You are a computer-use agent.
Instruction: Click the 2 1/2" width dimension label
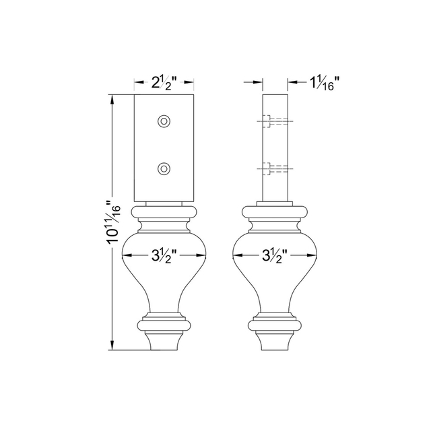point(164,84)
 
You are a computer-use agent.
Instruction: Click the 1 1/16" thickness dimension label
point(324,83)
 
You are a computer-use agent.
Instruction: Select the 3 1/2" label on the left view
point(164,255)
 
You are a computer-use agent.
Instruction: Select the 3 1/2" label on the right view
point(273,255)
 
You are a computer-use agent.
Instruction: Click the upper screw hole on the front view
point(164,121)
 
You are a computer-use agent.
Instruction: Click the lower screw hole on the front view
point(164,168)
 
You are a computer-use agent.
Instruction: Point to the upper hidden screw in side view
point(269,121)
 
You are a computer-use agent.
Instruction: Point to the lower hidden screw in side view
point(269,168)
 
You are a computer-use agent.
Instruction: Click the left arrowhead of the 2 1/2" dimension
point(137,84)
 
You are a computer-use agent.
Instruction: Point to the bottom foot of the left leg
point(164,342)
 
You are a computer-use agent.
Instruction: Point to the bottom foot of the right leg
point(273,342)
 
